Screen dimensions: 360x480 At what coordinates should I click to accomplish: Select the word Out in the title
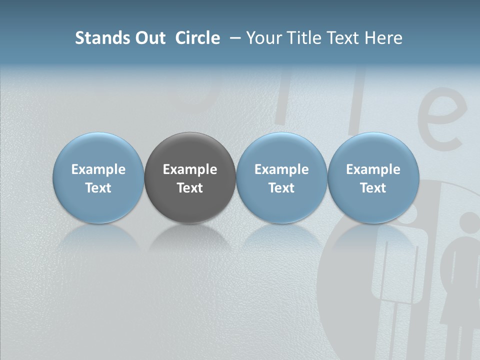tap(148, 38)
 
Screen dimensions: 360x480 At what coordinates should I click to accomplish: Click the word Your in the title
tap(263, 38)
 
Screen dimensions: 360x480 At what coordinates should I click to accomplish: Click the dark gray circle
tap(190, 150)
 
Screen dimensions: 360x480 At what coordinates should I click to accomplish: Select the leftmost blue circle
tap(98, 150)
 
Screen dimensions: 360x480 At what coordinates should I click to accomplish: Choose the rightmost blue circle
tap(373, 150)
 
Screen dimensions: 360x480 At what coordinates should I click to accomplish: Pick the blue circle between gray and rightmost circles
tap(281, 150)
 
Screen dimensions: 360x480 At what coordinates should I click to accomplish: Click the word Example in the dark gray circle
tap(190, 169)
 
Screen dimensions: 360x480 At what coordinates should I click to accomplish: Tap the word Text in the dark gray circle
tap(190, 188)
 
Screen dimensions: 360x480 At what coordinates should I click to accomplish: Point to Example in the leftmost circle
tap(98, 169)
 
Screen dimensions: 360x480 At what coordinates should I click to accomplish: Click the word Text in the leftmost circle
tap(98, 188)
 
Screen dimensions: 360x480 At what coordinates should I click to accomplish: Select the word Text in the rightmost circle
tap(373, 188)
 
